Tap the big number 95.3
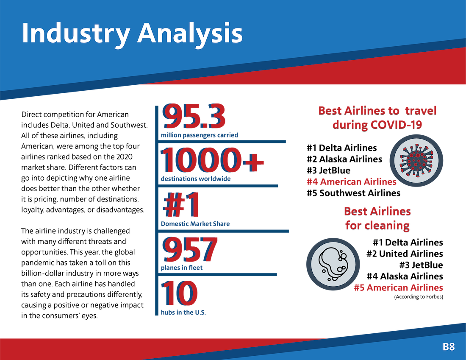(194, 116)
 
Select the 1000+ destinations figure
(212, 160)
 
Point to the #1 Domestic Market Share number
(181, 205)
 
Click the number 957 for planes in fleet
(190, 249)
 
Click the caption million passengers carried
(200, 135)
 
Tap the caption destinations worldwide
(196, 179)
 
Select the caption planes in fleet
(182, 268)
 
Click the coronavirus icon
(416, 161)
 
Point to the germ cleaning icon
(333, 264)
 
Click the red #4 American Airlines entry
(352, 182)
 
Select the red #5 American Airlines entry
(399, 287)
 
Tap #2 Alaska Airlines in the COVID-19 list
(344, 159)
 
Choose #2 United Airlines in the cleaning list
(405, 254)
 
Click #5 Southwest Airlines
(354, 193)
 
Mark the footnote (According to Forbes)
(419, 297)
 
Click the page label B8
(449, 346)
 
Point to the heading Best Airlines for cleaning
(377, 218)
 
